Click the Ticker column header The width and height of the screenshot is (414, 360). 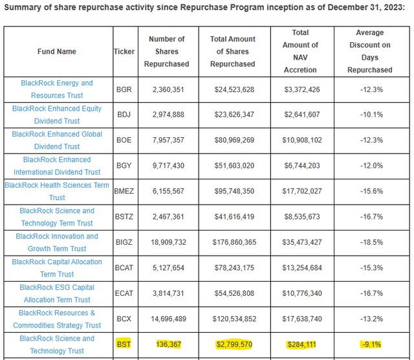coord(124,52)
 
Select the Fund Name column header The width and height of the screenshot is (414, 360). coord(57,52)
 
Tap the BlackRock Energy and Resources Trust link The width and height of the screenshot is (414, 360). coord(57,89)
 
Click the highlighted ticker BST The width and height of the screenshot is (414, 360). coord(124,344)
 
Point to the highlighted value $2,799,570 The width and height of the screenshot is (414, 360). coord(234,344)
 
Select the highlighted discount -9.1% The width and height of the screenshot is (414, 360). coord(371,344)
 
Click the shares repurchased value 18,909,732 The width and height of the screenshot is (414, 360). coord(168,242)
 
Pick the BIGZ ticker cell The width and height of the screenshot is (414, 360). coord(124,242)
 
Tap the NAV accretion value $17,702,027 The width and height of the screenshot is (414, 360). coord(302,191)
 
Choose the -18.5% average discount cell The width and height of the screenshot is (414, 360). coord(371,242)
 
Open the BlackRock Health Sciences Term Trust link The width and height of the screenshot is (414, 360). coord(57,192)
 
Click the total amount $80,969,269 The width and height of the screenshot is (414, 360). coord(234,140)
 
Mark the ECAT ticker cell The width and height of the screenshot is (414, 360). coord(124,293)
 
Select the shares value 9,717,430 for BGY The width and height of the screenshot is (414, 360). coord(168,166)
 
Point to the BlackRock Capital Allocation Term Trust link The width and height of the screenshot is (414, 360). coord(57,268)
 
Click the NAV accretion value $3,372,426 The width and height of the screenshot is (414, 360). coord(302,89)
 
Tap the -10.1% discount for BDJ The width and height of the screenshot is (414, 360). coord(371,115)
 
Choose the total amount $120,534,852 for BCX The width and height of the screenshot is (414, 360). coord(234,319)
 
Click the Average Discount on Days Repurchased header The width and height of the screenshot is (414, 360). coord(370,51)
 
